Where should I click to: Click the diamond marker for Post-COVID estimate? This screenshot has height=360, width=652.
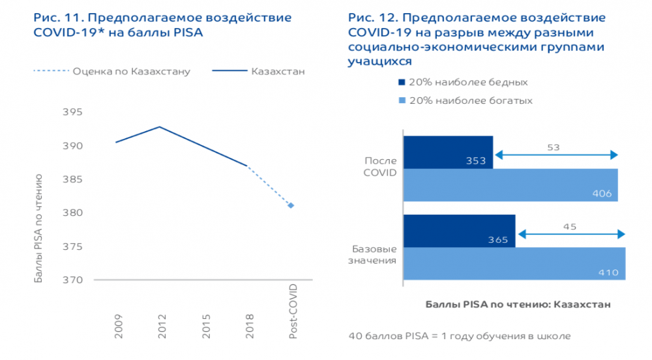coord(291,205)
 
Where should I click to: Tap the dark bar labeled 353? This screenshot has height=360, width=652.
coord(448,152)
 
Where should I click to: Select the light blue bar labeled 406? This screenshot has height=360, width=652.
coord(511,185)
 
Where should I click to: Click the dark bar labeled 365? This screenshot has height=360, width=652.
coord(459,231)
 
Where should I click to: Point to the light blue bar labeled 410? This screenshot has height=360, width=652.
coord(514,263)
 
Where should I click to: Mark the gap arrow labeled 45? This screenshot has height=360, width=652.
coord(570,234)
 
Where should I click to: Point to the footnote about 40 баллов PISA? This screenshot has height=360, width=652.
coord(460,337)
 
